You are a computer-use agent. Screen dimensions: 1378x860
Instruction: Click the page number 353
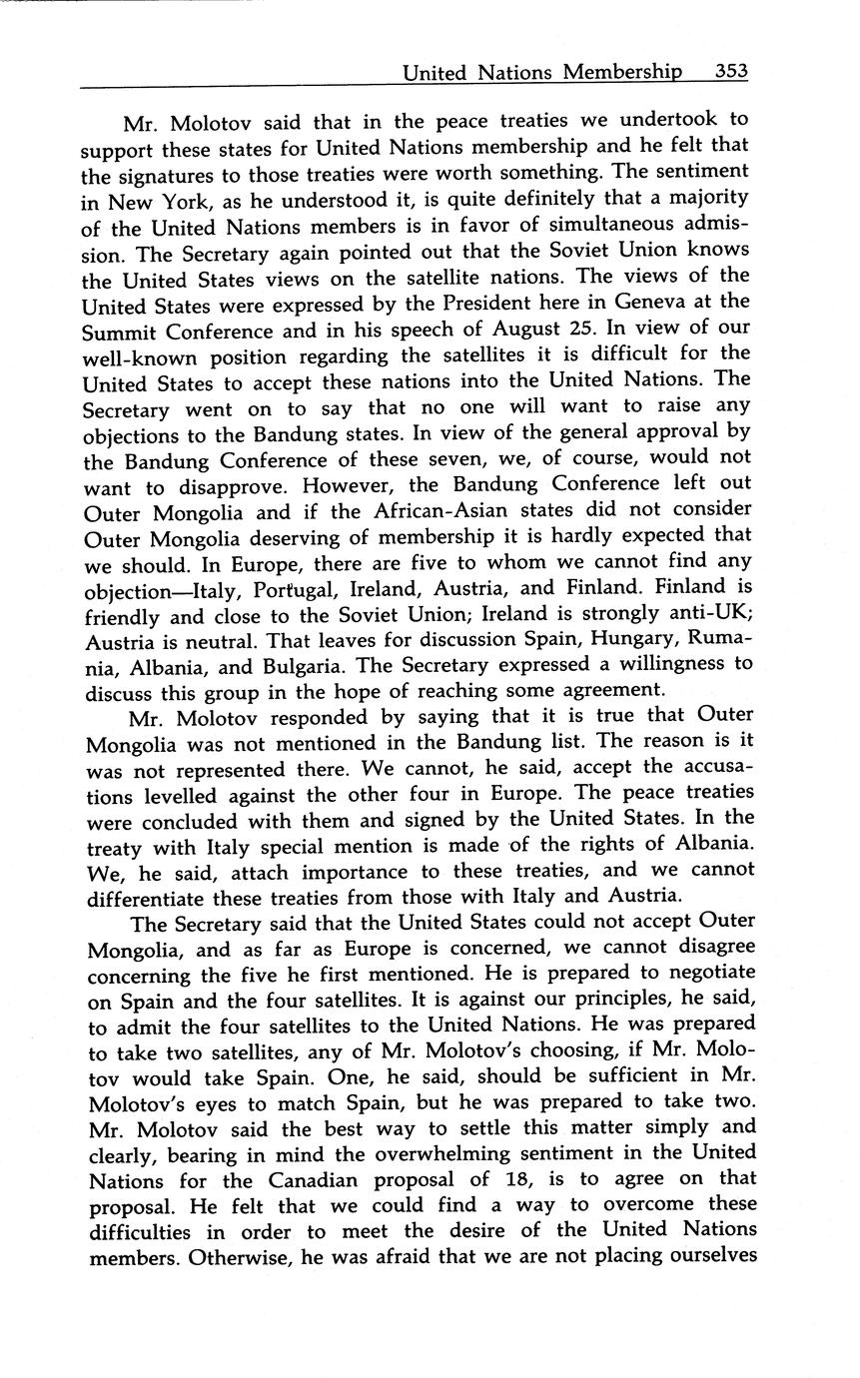click(x=731, y=72)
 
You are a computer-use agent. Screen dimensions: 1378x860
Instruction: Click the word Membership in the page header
click(x=621, y=72)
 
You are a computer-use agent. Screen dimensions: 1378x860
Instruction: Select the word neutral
click(x=201, y=638)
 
